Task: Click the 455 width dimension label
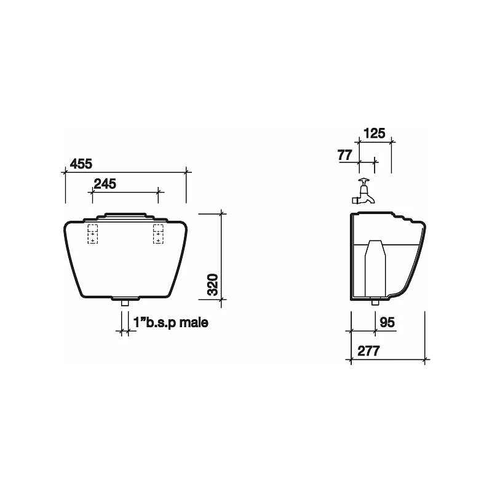81,164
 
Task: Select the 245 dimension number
105,183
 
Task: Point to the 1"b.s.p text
154,322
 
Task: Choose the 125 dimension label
375,133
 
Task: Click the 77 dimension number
346,155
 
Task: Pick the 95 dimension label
387,322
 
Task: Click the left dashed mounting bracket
92,234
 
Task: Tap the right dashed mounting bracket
158,234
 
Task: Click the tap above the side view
363,194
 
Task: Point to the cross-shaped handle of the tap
363,181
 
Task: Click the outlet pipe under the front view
124,303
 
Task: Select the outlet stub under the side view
375,302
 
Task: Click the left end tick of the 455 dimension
65,173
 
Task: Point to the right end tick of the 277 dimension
425,360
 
